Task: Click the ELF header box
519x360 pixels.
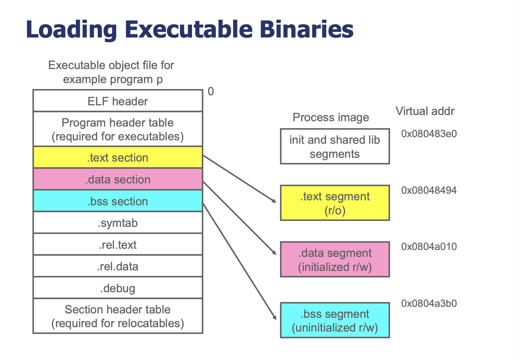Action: (118, 101)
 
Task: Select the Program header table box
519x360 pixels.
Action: (118, 129)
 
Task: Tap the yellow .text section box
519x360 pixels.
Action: (118, 157)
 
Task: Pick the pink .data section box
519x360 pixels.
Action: (118, 179)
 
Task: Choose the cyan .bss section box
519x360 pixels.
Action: (118, 201)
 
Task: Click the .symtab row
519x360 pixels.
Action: (118, 222)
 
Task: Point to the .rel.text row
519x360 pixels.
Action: (118, 244)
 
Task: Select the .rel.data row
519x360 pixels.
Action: (118, 266)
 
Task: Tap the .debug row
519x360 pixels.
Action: (118, 288)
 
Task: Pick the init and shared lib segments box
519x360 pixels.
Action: (335, 146)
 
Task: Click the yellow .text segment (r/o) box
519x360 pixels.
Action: (335, 203)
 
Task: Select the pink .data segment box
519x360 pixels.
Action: (335, 259)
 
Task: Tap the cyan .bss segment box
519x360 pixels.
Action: (335, 320)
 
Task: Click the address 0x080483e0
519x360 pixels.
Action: (429, 134)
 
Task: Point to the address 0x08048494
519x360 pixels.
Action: (429, 190)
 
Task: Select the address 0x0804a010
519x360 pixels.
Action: (429, 247)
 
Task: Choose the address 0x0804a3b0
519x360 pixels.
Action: (429, 303)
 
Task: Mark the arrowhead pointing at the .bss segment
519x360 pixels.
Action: (274, 317)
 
